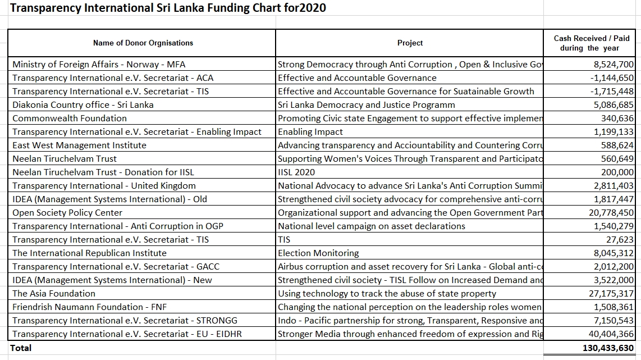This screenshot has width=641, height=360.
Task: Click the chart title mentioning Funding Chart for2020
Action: point(168,8)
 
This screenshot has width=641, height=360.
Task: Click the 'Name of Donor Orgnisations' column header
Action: point(143,43)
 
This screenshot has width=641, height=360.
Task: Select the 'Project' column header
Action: point(410,43)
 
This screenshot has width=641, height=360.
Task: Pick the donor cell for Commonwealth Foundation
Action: point(70,119)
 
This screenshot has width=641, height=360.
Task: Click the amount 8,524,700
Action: point(613,64)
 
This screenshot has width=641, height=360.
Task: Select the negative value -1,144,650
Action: point(612,78)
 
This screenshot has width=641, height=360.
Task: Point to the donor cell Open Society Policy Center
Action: point(67,213)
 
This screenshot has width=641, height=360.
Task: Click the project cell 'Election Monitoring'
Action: point(318,253)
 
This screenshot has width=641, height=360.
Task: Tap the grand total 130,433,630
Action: point(608,348)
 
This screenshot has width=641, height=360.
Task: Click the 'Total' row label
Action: point(20,348)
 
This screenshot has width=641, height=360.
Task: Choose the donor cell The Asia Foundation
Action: point(53,293)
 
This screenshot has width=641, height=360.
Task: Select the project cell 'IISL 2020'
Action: point(296,172)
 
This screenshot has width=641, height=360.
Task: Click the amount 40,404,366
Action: point(611,334)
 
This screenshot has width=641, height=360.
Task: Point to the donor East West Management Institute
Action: point(79,145)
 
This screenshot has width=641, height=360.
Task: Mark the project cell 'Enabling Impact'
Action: point(310,132)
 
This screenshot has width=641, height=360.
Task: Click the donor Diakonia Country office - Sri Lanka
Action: point(83,104)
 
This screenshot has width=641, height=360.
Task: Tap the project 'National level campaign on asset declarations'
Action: point(372,226)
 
